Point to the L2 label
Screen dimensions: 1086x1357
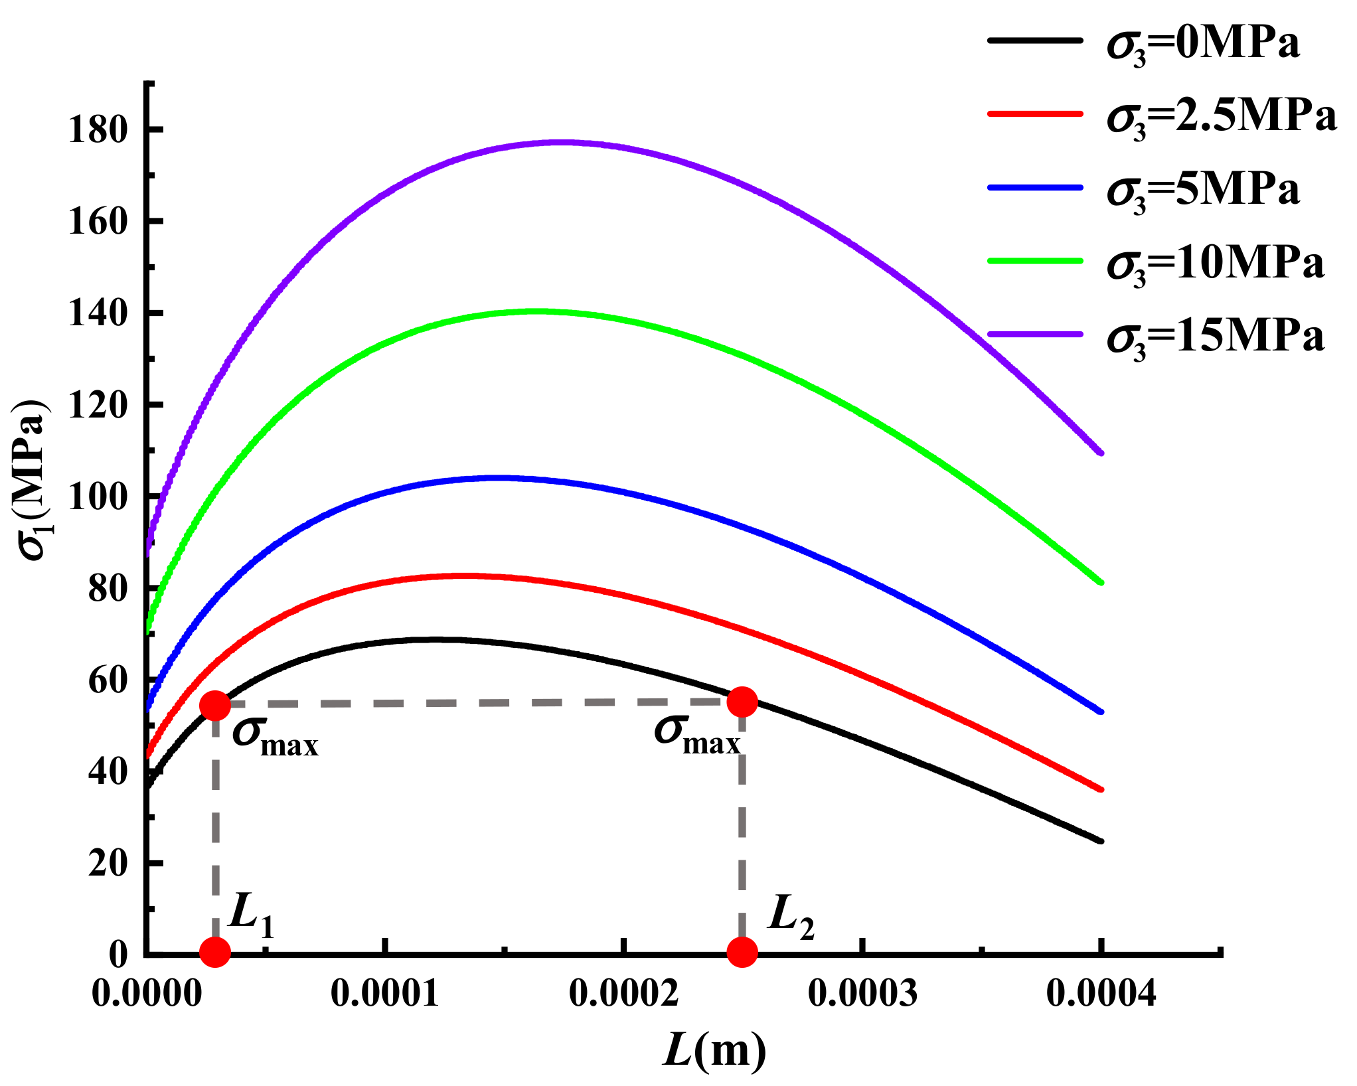[x=790, y=917]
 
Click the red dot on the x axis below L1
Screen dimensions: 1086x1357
[x=215, y=952]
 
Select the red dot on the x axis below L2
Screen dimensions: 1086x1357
[x=742, y=952]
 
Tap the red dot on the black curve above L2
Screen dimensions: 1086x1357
[x=742, y=702]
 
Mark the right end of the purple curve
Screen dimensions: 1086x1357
[x=1101, y=453]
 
